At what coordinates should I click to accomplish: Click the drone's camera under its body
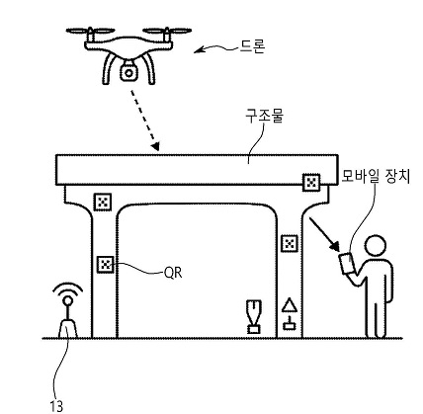128,73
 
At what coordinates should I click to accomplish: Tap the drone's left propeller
90,31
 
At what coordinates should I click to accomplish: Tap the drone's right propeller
167,31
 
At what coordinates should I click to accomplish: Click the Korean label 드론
252,46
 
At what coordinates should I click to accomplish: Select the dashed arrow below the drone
145,120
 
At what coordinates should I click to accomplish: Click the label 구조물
264,116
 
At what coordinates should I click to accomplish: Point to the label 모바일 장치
376,176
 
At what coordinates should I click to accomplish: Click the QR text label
173,273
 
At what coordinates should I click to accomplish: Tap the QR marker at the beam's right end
311,182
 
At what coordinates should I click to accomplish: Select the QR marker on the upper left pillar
103,202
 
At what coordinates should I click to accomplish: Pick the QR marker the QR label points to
106,264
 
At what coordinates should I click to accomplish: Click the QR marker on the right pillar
290,244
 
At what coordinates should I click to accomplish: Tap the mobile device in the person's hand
346,263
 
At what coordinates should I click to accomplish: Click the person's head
376,246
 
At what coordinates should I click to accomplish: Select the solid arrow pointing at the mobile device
324,234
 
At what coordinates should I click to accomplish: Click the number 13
56,406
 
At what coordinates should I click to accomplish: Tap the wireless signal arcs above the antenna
68,288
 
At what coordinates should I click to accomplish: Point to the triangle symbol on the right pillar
290,305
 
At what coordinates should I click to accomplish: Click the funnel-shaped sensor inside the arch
254,316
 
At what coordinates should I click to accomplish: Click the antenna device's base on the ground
68,328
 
